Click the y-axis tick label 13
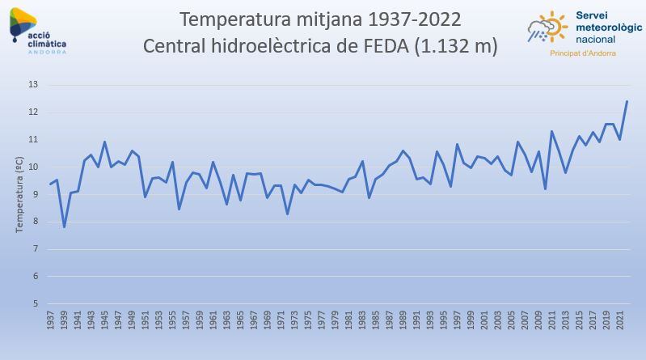(x=33, y=85)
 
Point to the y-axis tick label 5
(x=35, y=303)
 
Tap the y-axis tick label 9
(x=35, y=194)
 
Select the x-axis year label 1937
(x=51, y=320)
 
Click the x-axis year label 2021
(x=620, y=320)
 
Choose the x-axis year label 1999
(x=471, y=320)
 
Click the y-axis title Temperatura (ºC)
(x=19, y=194)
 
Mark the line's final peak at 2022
(x=627, y=102)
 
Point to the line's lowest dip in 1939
(x=64, y=227)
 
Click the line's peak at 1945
(x=104, y=142)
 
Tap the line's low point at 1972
(x=288, y=214)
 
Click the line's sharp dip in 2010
(x=545, y=188)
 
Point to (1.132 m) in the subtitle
(x=455, y=45)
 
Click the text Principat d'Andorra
(x=582, y=53)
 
